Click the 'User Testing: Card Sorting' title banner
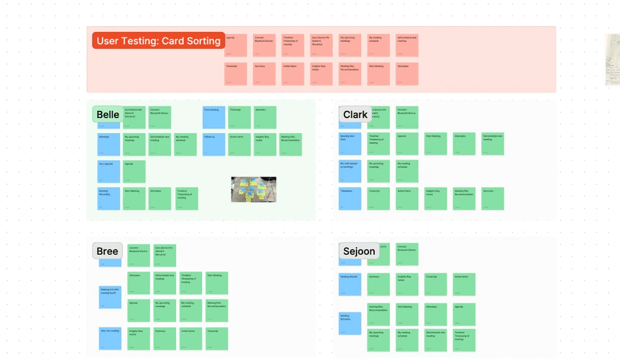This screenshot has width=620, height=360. (x=158, y=41)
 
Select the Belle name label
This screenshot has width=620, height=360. (x=108, y=115)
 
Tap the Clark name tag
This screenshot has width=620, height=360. (x=355, y=115)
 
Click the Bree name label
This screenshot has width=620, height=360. (x=107, y=251)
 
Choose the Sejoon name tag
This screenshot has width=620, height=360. (x=359, y=251)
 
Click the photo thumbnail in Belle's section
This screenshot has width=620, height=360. (x=254, y=189)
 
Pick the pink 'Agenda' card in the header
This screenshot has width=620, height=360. (x=235, y=46)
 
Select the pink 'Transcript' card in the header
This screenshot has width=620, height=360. (x=235, y=74)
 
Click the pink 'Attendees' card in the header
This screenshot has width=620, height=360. (x=407, y=74)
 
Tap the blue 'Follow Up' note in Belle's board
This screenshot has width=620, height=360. (x=213, y=144)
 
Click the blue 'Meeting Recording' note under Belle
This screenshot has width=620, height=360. (x=108, y=198)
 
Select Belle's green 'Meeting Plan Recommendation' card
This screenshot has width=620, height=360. (x=290, y=144)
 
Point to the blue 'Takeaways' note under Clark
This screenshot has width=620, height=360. (x=350, y=198)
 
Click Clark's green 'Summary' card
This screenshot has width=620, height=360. (x=492, y=198)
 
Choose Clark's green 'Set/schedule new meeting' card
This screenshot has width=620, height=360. (x=492, y=144)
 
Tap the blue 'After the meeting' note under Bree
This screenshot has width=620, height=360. (x=110, y=338)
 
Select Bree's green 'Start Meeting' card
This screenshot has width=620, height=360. (x=216, y=283)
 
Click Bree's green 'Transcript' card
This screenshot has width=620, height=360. (x=216, y=338)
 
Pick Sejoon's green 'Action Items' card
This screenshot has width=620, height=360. (x=464, y=284)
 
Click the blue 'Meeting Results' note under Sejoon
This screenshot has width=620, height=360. (x=350, y=284)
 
